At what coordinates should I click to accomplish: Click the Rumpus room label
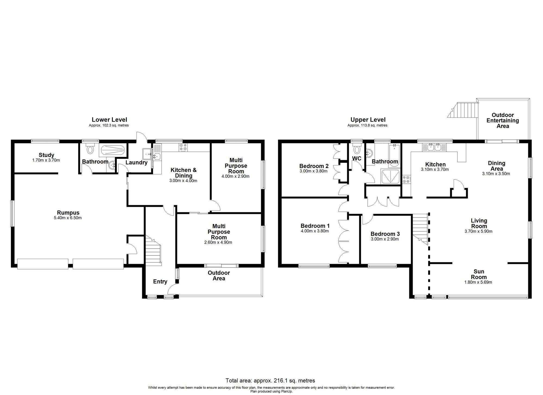(x=68, y=213)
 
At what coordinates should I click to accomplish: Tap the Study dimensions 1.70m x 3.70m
(x=46, y=160)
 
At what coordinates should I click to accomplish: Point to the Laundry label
(x=136, y=162)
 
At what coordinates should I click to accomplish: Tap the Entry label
(x=160, y=282)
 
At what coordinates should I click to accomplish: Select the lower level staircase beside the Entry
(x=153, y=250)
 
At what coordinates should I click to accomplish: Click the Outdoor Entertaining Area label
(x=503, y=121)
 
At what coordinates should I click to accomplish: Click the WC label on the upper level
(x=357, y=158)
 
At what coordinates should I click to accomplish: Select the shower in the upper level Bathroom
(x=391, y=176)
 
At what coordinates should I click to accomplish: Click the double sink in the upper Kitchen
(x=434, y=147)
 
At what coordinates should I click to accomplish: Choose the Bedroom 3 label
(x=385, y=234)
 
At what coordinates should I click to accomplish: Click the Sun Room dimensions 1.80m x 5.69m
(x=478, y=282)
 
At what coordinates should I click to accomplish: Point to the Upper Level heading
(x=368, y=120)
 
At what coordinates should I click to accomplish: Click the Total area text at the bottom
(x=270, y=380)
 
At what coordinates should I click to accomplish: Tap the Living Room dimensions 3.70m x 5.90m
(x=478, y=231)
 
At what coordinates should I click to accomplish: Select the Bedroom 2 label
(x=314, y=166)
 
